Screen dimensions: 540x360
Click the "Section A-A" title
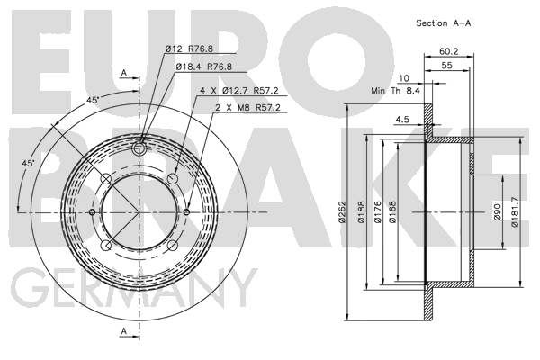[x=443, y=23]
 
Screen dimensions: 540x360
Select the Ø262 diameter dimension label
[x=342, y=211]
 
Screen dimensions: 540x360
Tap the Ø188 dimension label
[x=361, y=211]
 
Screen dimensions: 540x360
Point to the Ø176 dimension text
[x=377, y=211]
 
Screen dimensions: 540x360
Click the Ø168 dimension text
[x=392, y=211]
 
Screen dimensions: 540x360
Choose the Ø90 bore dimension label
[x=498, y=211]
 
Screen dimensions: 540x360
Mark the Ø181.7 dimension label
[x=515, y=211]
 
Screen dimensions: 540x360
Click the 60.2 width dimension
[x=449, y=51]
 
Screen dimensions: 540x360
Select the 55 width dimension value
[x=446, y=65]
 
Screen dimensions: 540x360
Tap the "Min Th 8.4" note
[x=395, y=91]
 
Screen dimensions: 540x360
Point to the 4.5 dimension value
[x=402, y=120]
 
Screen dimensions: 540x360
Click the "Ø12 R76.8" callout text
[x=189, y=49]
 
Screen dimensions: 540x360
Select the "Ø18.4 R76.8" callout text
[x=204, y=67]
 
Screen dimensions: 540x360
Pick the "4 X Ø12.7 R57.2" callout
[x=239, y=91]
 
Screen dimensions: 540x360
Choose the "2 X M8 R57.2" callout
[x=248, y=107]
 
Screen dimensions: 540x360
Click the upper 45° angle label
[x=93, y=101]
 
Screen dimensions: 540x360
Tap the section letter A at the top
[x=124, y=73]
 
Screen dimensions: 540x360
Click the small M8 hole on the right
[x=186, y=211]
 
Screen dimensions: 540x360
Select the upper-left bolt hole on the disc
[x=106, y=179]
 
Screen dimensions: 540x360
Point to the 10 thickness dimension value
[x=403, y=78]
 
